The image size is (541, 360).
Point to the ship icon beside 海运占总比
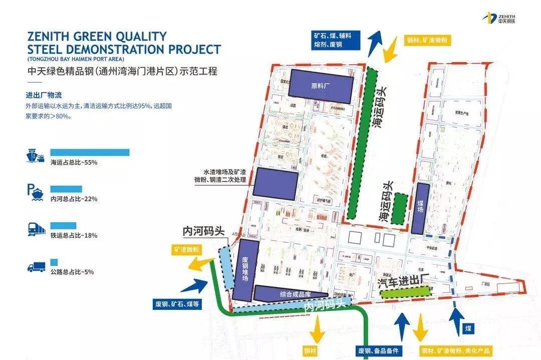click(36, 156)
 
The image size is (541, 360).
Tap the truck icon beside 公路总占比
click(36, 266)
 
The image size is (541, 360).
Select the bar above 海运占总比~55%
click(90, 152)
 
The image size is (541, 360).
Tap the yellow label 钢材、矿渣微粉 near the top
click(426, 39)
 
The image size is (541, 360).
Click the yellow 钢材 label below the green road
click(311, 350)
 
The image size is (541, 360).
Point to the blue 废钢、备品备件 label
click(381, 350)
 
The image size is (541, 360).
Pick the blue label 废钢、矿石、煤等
click(177, 304)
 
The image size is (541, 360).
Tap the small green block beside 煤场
click(399, 208)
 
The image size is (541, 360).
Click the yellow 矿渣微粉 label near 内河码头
click(186, 249)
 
